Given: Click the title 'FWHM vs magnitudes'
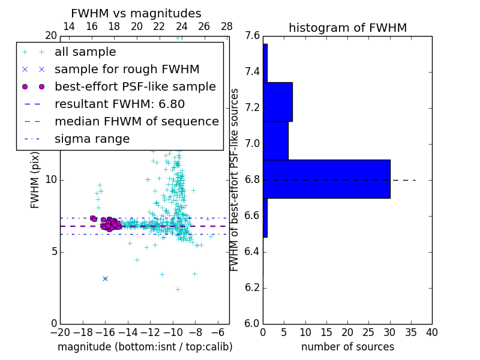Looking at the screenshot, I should tap(136, 13).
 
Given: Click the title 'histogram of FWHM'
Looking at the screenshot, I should tap(347, 28).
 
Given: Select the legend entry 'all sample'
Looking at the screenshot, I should tap(85, 52).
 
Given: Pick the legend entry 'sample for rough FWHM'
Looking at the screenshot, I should tap(127, 70).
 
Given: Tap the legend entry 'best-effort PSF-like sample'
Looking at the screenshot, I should tap(135, 87).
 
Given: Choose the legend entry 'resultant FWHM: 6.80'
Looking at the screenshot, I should tap(119, 104).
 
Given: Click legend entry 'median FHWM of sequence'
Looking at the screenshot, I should tap(136, 121).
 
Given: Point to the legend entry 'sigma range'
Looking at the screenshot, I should tap(92, 139).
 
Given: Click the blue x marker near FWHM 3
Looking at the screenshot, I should tap(105, 278).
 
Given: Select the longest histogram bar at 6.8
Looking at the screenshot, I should tap(326, 179).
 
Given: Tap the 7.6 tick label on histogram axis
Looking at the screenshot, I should tap(253, 36).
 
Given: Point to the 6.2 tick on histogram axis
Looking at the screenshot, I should tap(253, 287).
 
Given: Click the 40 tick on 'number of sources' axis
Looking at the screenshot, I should tap(431, 332).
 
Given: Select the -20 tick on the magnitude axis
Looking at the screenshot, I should tap(60, 332).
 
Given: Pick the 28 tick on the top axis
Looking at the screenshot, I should tap(227, 26).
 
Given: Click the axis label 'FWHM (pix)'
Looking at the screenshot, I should tap(35, 179).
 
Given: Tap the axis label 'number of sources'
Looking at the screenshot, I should tap(347, 347).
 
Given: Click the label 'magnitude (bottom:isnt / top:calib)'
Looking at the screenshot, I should tap(145, 347).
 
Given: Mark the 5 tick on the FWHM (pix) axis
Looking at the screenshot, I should tap(53, 251).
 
